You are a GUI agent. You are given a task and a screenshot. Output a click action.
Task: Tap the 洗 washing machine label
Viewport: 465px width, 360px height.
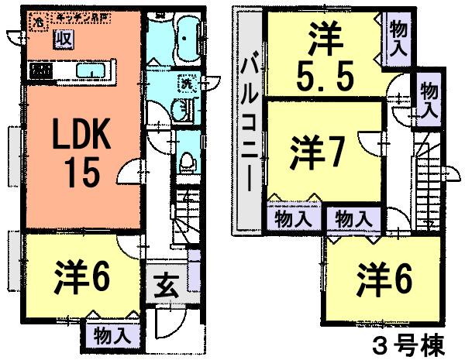[x=187, y=83]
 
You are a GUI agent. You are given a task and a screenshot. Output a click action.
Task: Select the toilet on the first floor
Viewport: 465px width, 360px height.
[x=186, y=162]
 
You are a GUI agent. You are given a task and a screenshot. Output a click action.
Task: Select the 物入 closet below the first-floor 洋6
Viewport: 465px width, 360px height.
[x=112, y=336]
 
